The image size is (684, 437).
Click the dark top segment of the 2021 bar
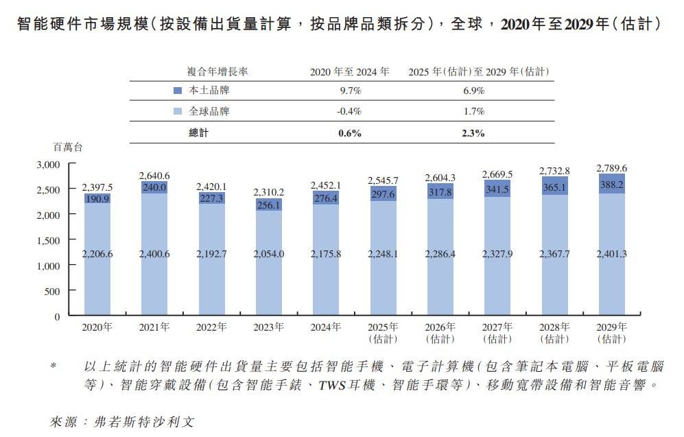[154, 187]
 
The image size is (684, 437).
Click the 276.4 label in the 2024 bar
[326, 199]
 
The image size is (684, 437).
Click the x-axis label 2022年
[211, 327]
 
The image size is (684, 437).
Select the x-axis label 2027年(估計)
[497, 333]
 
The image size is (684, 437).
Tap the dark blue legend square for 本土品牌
[178, 91]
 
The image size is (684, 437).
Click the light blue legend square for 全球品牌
[178, 112]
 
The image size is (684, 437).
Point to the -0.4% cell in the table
[349, 112]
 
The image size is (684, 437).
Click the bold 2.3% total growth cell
[473, 134]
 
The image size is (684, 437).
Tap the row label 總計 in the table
[198, 134]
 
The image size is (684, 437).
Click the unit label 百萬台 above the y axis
[67, 147]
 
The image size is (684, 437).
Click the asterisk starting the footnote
[53, 368]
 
